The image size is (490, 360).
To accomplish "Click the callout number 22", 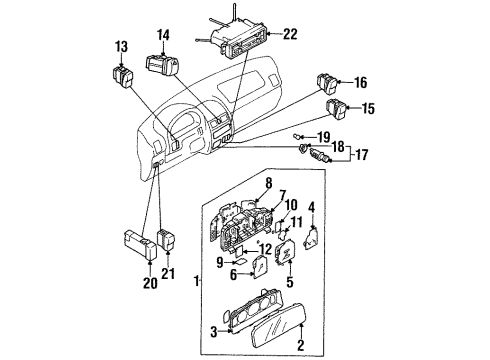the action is coord(290,34).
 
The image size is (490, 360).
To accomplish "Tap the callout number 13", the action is coord(122,47).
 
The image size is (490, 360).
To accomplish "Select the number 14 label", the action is coord(163,35).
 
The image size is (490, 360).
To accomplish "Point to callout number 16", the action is coord(360,82).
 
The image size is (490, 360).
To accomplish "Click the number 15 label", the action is coord(368,108).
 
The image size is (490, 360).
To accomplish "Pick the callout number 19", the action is coord(323,137).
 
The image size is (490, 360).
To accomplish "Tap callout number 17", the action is coord(362,155).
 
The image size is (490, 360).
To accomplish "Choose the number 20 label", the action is coord(150,283).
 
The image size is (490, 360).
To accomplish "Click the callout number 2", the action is coord(301,345).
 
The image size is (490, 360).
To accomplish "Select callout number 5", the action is coord(290,282).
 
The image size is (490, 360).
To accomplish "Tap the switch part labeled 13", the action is coord(123,78).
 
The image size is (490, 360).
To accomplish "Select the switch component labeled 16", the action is coord(327,83).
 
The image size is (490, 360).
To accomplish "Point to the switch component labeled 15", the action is coord(337,109).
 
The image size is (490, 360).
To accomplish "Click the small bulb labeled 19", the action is coord(296,136).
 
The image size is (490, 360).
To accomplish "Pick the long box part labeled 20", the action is coord(140,245).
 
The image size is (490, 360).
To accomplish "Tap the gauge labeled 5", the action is coord(285,253).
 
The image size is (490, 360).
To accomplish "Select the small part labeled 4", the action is coord(311,238).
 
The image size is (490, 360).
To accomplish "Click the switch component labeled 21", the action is coord(166,240).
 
